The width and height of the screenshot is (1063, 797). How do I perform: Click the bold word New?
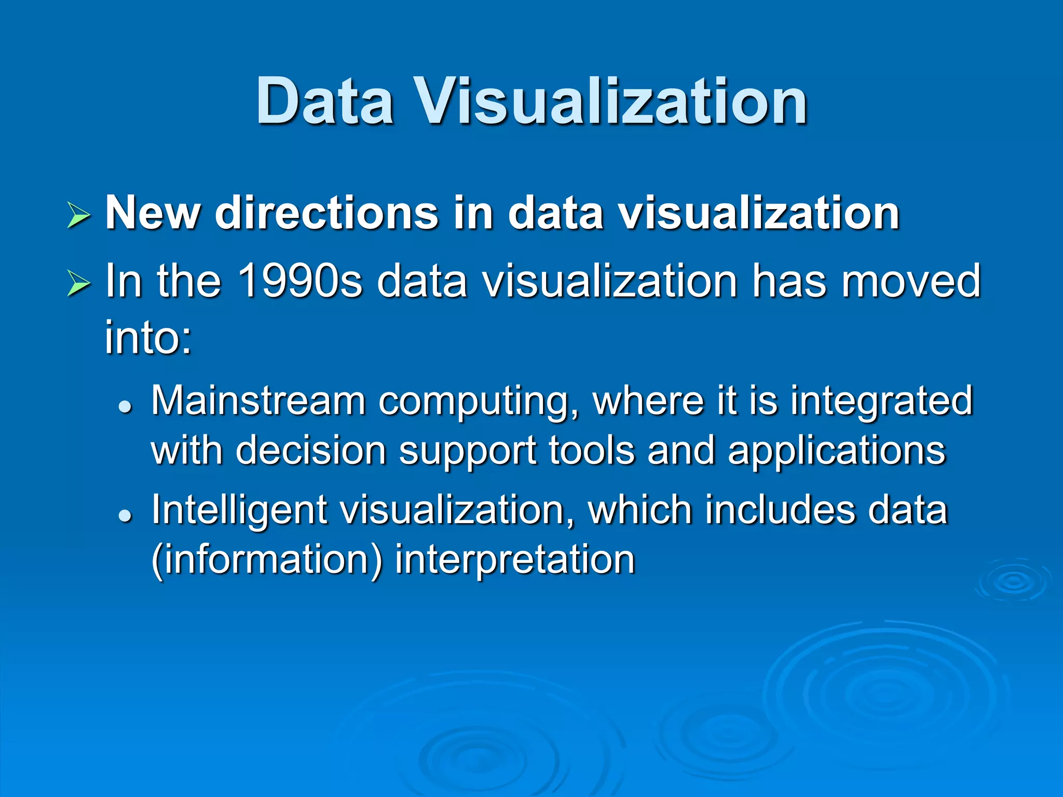[x=153, y=213]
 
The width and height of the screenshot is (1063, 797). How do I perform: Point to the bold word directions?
[x=326, y=213]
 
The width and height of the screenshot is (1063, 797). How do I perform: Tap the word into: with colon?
[x=148, y=337]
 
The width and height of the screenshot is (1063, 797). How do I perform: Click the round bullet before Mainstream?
[x=125, y=406]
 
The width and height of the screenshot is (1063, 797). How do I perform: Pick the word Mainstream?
[x=258, y=401]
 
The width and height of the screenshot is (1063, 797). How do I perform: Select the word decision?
[x=311, y=450]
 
